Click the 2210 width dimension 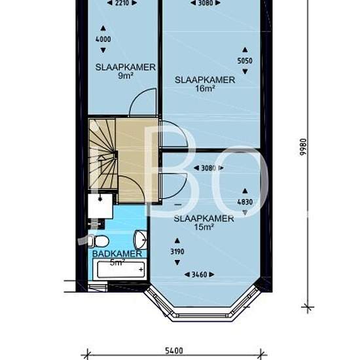point(122,3)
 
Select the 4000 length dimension point(103,39)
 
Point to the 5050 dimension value point(245,61)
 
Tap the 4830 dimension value point(245,202)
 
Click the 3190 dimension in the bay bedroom point(177,251)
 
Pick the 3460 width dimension point(199,275)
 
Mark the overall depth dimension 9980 point(304,147)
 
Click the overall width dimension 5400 point(174,351)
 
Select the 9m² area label point(126,75)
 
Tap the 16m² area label point(206,88)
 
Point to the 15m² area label point(204,227)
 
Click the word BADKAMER point(117,254)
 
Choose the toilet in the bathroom point(99,242)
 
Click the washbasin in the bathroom point(140,240)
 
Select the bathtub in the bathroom point(119,269)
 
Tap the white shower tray point(100,206)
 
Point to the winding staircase point(102,154)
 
